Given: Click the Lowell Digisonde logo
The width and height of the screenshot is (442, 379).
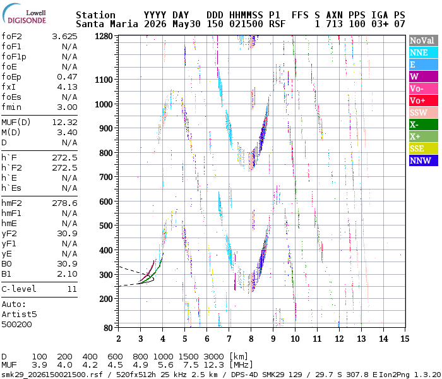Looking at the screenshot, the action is tap(24, 14).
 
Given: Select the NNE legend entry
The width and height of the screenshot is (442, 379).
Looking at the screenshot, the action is tap(424, 52).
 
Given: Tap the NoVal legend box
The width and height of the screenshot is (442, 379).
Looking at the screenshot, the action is tap(424, 40).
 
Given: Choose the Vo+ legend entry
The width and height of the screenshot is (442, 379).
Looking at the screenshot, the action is tap(424, 100).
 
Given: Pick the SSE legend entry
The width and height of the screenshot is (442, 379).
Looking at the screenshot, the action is tap(424, 148).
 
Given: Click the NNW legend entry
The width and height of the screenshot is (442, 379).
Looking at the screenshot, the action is tap(424, 160).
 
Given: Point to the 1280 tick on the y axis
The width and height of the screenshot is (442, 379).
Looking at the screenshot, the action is tap(104, 36).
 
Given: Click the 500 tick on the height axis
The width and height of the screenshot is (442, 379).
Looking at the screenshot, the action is tap(105, 226).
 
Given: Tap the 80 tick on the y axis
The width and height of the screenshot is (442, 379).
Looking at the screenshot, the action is tap(108, 328).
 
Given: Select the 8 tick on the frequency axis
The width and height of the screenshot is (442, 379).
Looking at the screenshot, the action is tap(251, 339).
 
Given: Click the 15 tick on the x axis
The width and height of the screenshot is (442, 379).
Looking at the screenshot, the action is tap(405, 339).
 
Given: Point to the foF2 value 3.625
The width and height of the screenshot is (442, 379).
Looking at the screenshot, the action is tap(64, 37).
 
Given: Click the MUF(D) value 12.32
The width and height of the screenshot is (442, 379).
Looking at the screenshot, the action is tap(64, 122).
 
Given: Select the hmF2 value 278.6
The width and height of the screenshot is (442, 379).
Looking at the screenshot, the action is tap(64, 203).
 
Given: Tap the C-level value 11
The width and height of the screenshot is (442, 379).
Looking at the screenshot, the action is tap(72, 289).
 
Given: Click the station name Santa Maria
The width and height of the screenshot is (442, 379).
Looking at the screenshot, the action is tap(107, 24).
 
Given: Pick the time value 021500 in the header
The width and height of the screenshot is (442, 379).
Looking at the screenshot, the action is tap(246, 24).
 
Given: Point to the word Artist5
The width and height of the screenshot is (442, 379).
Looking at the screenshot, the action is tap(19, 314).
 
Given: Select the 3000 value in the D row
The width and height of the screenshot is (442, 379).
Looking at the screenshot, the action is tap(213, 356).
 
